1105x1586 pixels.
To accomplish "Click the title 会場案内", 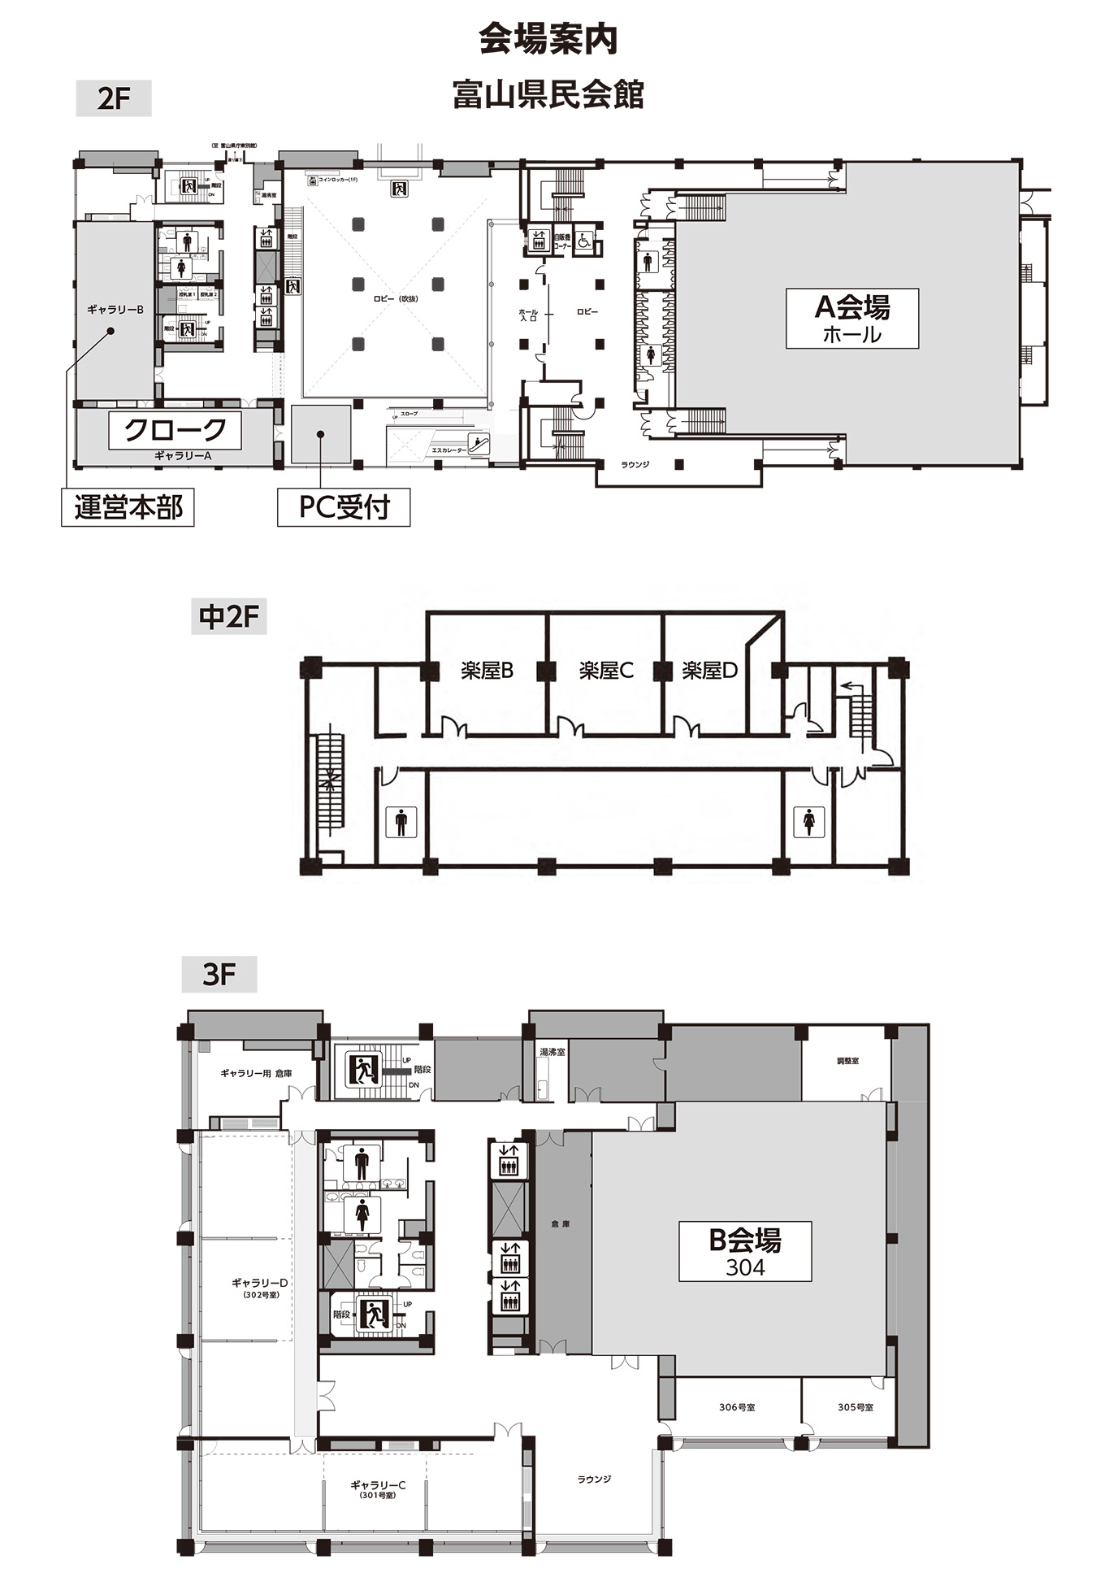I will (548, 39).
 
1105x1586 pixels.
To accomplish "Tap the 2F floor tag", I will (114, 98).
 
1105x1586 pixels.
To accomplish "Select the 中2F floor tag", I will (228, 617).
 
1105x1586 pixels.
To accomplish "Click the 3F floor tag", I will (219, 974).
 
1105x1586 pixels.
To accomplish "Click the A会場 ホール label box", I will (851, 318).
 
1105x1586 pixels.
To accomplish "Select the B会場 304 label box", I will (745, 1251).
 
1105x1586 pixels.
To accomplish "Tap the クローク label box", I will (175, 430).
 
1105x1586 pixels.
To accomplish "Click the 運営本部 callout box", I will (128, 507).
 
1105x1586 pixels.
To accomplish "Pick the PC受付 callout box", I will (344, 507).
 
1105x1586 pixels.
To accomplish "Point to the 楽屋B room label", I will (487, 671).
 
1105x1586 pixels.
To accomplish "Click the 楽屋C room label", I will (605, 671).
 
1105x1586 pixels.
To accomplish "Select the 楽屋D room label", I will (709, 671).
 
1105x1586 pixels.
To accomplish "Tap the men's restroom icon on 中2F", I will (401, 822).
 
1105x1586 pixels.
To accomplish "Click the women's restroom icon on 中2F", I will (809, 822).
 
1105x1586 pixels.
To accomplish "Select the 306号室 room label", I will (737, 1407).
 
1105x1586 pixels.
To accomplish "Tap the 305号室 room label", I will (856, 1407).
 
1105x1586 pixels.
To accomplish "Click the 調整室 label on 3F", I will (847, 1061).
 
